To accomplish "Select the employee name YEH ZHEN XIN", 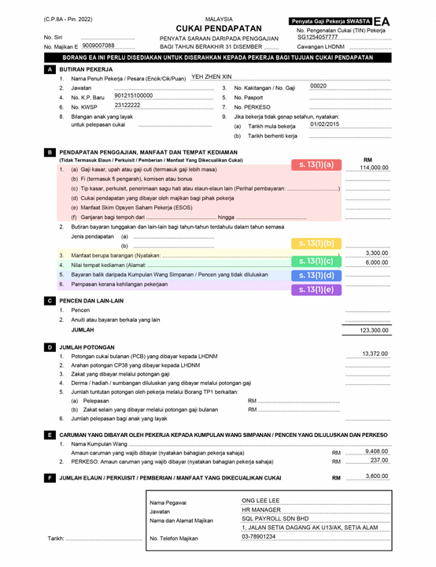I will pyautogui.click(x=212, y=76).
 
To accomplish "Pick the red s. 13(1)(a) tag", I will pyautogui.click(x=316, y=165).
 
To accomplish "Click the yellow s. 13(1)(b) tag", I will pyautogui.click(x=316, y=243).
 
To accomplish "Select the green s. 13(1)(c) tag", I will pyautogui.click(x=316, y=261).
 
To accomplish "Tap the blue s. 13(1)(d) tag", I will pyautogui.click(x=316, y=276).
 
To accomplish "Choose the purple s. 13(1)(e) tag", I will pyautogui.click(x=316, y=289).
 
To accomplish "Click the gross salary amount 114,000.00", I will pyautogui.click(x=374, y=168).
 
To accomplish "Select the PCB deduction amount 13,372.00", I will pyautogui.click(x=375, y=354).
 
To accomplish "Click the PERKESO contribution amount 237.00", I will pyautogui.click(x=379, y=461).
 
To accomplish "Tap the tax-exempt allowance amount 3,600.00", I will pyautogui.click(x=377, y=476).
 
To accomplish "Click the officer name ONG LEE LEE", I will pyautogui.click(x=260, y=500).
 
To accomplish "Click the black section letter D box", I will pyautogui.click(x=50, y=346).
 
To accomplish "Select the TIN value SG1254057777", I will pyautogui.click(x=318, y=37).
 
